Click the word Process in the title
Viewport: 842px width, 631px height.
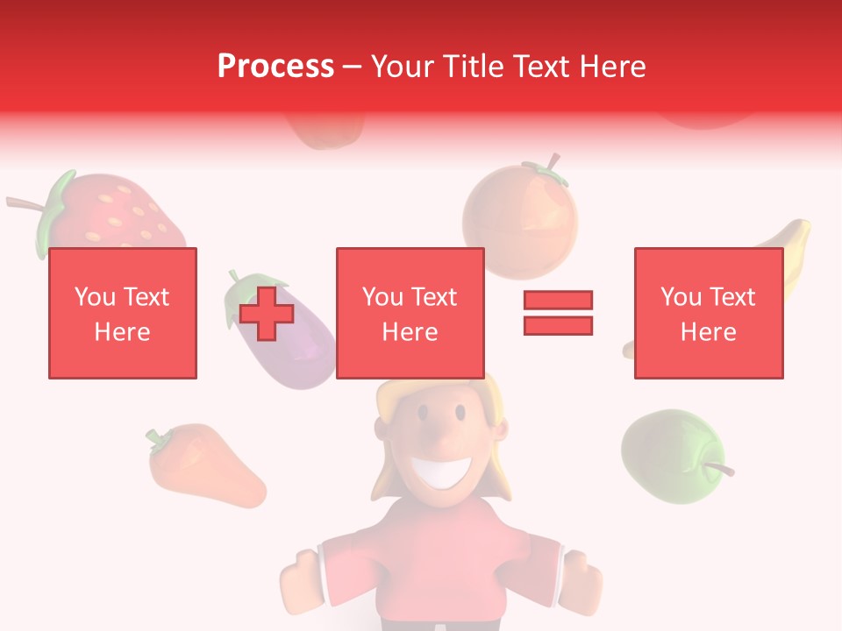pyautogui.click(x=275, y=67)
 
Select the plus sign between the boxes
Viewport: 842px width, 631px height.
pyautogui.click(x=267, y=314)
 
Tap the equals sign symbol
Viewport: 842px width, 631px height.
pyautogui.click(x=558, y=313)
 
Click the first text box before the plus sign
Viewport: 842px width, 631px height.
pyautogui.click(x=123, y=313)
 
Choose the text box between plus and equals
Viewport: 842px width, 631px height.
pyautogui.click(x=410, y=313)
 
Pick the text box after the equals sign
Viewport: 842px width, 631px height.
pyautogui.click(x=708, y=313)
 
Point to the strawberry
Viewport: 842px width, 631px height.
pyautogui.click(x=114, y=215)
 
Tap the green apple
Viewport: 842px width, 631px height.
pyautogui.click(x=671, y=456)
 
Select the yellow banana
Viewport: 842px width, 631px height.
pyautogui.click(x=789, y=254)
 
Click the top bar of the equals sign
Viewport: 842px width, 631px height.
pyautogui.click(x=558, y=301)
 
